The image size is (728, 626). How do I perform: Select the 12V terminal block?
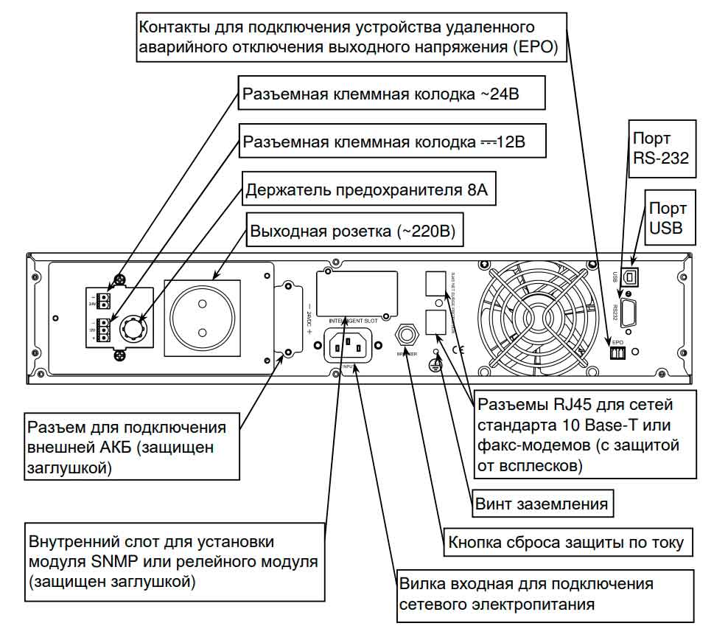click(105, 329)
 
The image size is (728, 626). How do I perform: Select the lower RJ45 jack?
click(435, 321)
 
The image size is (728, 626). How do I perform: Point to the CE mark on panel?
click(458, 349)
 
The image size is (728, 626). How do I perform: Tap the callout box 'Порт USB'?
click(667, 219)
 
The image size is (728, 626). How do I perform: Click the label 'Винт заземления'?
click(542, 504)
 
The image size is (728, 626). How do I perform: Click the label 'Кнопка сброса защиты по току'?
click(566, 543)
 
